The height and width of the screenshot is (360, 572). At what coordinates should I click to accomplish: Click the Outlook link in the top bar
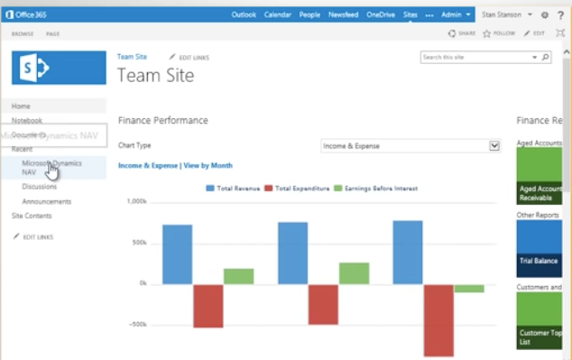click(x=244, y=15)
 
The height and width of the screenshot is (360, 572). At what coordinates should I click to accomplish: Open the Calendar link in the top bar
click(x=277, y=15)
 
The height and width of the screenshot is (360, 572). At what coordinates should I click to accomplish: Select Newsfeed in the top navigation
click(x=342, y=15)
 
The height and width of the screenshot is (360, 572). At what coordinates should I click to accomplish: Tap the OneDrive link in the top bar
click(x=380, y=15)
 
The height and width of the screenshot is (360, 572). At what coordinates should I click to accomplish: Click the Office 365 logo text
click(x=33, y=15)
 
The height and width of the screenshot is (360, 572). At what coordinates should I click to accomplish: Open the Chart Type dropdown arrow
click(x=494, y=145)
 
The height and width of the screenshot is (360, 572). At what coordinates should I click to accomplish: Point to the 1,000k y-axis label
click(x=136, y=201)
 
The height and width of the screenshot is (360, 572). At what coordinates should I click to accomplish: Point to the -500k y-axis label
click(x=137, y=324)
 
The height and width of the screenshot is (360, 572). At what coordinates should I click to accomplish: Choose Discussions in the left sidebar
click(x=40, y=187)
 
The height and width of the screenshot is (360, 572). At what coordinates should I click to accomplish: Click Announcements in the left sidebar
click(x=47, y=201)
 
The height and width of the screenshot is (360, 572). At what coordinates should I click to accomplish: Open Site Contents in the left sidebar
click(x=32, y=216)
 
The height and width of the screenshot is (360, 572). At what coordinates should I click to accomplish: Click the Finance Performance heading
click(x=163, y=120)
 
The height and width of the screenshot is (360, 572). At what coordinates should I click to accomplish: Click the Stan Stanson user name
click(x=501, y=15)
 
